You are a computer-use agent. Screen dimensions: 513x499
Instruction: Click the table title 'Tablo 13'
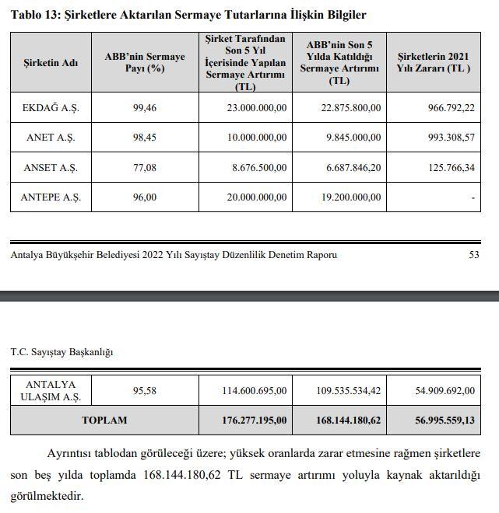click(37, 15)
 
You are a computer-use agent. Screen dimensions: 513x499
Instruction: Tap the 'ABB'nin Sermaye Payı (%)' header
click(145, 63)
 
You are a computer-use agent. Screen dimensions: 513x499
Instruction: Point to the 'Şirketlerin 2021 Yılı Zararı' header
click(434, 63)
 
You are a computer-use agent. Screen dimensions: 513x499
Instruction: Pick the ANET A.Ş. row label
click(51, 137)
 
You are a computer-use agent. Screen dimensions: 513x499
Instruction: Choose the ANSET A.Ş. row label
click(51, 166)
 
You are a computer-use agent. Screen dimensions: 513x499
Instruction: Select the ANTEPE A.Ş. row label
click(51, 197)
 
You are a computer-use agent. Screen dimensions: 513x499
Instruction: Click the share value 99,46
click(145, 107)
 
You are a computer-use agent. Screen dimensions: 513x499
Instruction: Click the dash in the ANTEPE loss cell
click(473, 197)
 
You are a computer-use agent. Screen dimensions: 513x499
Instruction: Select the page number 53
click(474, 254)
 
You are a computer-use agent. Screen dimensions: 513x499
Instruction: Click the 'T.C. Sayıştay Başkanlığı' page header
click(61, 351)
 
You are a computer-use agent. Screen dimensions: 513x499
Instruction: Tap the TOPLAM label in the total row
click(104, 420)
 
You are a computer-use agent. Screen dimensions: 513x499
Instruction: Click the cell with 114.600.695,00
click(251, 390)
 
